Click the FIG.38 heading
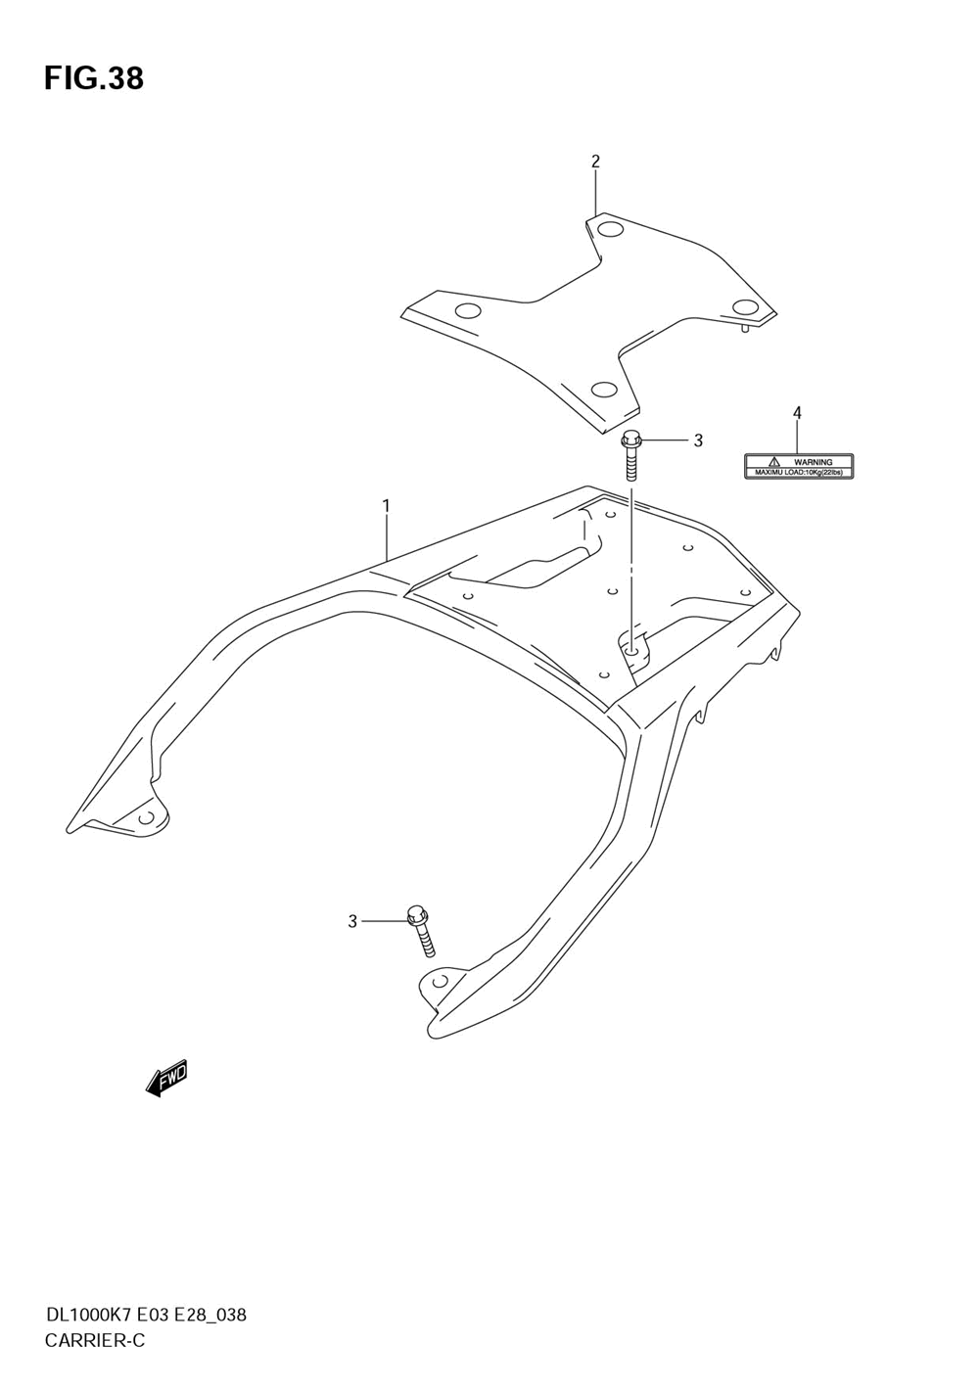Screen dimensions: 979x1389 point(94,78)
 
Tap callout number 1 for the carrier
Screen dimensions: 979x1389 point(387,505)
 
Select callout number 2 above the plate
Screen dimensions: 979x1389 point(595,162)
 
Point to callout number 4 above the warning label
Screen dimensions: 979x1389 point(797,413)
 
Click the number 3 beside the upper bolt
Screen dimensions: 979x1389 point(698,440)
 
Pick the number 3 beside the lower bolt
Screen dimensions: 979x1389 point(352,921)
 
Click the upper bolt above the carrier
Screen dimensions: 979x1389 point(631,455)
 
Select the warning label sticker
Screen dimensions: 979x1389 point(799,466)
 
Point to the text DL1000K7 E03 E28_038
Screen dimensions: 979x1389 point(145,1315)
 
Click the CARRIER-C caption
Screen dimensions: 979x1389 point(94,1341)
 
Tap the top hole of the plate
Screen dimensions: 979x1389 point(609,231)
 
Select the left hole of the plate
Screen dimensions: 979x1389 point(468,312)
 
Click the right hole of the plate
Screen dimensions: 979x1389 point(746,306)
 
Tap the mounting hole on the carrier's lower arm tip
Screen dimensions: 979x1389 point(440,980)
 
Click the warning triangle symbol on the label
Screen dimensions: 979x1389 point(772,461)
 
